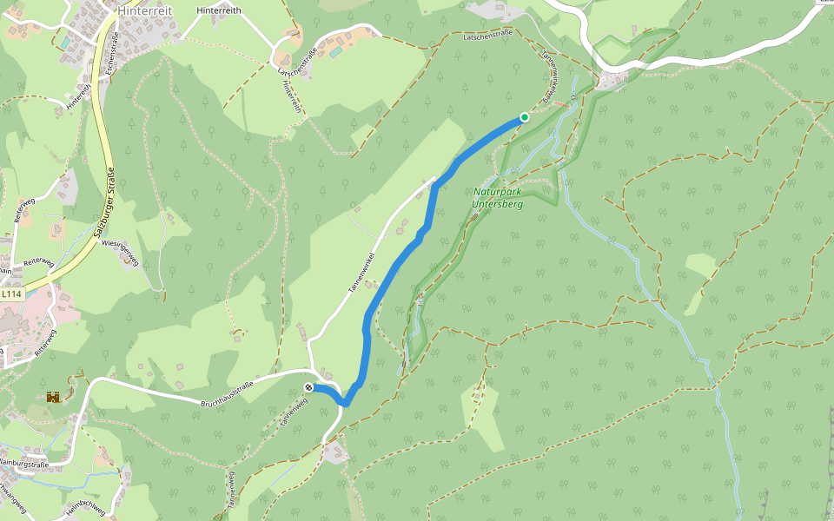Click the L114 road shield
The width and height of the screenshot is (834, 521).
(11, 294)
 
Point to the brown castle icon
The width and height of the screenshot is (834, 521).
(54, 397)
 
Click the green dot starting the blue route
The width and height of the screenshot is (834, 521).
(524, 117)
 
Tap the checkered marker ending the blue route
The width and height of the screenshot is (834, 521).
(308, 387)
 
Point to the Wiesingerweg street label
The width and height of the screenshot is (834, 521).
(121, 253)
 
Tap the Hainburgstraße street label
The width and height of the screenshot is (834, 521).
(23, 465)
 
